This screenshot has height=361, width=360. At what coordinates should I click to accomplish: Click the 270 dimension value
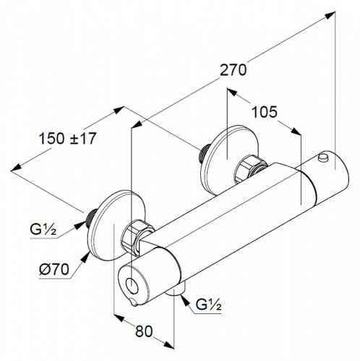point(233,70)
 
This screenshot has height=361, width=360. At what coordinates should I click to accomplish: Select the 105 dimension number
point(264,112)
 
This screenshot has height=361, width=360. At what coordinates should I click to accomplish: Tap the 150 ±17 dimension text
point(67,139)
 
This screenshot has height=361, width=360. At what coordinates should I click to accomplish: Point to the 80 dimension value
point(144,331)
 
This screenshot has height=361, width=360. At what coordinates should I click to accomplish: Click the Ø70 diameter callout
point(54,269)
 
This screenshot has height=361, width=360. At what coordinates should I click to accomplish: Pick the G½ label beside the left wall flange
point(43,230)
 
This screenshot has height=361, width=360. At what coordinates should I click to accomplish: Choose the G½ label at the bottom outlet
point(208,305)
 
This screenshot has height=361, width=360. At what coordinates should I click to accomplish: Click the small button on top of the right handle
point(323,157)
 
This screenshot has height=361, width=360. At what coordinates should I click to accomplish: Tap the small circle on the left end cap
point(132,285)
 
